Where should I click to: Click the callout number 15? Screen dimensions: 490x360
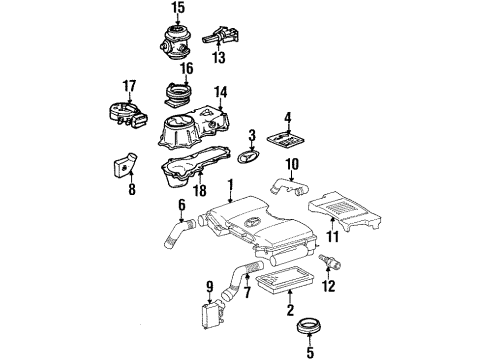pos(178,7)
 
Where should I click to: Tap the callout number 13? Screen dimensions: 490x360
pos(219,57)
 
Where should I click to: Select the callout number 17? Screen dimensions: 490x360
pos(129,86)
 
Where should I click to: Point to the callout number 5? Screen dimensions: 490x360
pos(310,352)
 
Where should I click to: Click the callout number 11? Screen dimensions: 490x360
pos(332,236)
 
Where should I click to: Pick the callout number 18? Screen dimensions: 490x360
pos(200,190)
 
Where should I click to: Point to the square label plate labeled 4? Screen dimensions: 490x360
pos(287,139)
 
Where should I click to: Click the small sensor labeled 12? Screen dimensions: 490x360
pos(330,262)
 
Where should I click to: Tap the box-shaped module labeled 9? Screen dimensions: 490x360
pos(212,314)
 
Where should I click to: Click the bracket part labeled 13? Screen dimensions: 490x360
pos(220,36)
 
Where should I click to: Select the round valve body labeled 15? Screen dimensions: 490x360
pos(175,42)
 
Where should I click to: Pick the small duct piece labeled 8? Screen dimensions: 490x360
pos(124,166)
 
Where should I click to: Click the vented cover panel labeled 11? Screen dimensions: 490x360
pos(345,211)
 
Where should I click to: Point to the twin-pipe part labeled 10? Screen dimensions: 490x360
pos(289,188)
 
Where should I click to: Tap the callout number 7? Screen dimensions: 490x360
pos(247,292)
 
